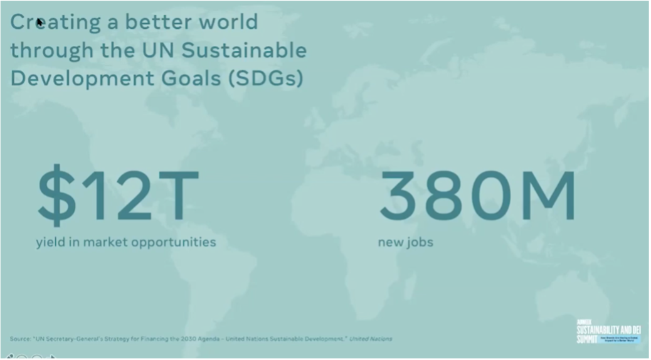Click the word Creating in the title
point(55,22)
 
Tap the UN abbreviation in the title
point(162,50)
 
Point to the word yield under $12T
point(50,242)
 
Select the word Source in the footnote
point(19,339)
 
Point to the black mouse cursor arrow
point(40,23)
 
